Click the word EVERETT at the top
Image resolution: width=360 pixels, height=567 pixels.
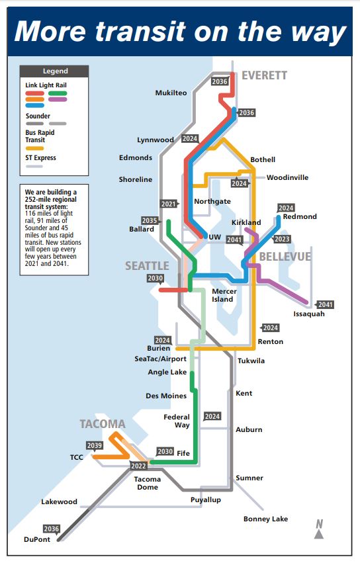point(264,75)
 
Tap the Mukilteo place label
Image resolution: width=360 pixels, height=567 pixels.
point(171,93)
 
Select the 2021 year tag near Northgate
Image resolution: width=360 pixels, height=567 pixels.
point(169,204)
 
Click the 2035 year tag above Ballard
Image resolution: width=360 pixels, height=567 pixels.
point(149,220)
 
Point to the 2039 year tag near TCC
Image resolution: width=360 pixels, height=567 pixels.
point(95,445)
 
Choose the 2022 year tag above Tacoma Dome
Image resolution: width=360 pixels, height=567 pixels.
point(139,466)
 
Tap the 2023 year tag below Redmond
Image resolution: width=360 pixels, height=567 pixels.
point(282,239)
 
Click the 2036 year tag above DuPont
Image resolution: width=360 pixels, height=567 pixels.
point(51,529)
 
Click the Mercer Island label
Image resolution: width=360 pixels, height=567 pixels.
point(222,295)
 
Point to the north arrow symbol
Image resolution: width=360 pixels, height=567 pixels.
point(319,529)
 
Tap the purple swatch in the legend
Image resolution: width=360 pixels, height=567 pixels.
point(58,99)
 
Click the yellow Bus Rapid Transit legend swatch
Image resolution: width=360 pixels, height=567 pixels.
point(35,148)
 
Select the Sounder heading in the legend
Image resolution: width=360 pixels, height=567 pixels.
point(38,116)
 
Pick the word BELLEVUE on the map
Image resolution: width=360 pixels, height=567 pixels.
point(285,257)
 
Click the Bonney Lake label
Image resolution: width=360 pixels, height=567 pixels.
point(265,519)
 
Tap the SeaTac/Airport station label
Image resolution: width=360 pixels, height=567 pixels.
point(161,359)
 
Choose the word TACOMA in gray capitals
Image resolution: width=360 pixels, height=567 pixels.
point(103,424)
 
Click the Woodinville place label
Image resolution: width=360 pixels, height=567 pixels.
point(287,177)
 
